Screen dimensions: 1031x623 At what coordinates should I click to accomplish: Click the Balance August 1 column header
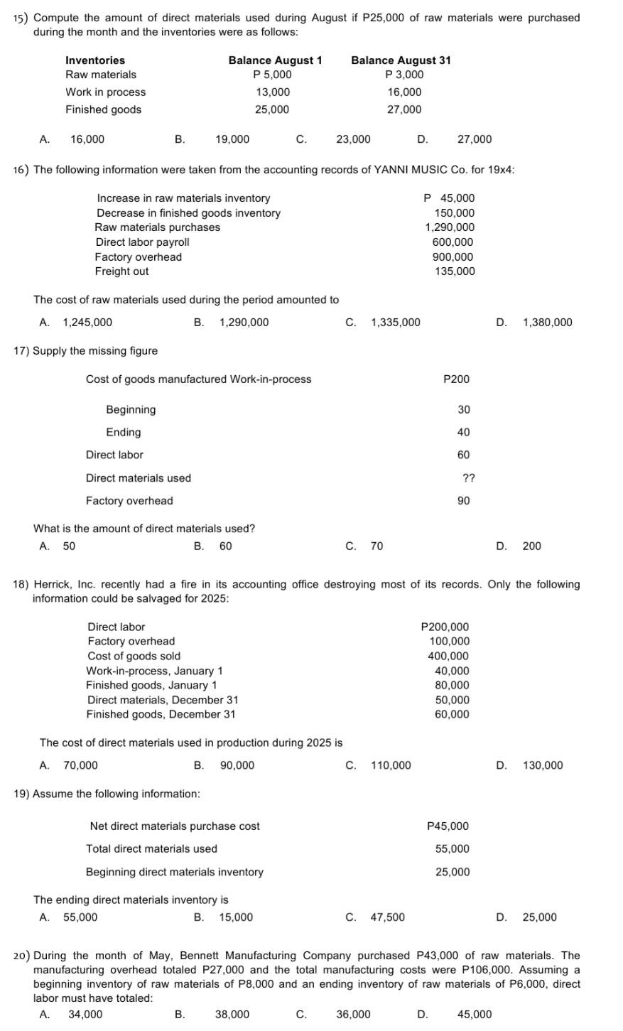click(275, 60)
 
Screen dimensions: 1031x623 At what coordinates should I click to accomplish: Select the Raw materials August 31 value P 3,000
click(403, 75)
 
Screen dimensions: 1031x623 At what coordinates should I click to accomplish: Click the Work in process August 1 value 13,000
click(273, 92)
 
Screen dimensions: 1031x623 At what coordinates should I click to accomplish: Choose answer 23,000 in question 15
click(353, 139)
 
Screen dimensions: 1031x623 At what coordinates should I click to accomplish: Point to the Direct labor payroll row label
click(142, 242)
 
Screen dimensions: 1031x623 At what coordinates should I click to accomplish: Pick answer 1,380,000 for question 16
click(547, 323)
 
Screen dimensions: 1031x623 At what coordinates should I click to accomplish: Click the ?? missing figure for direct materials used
click(469, 478)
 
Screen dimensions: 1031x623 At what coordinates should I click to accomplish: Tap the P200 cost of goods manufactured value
click(456, 379)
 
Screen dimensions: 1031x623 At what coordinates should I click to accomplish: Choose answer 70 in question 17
click(376, 546)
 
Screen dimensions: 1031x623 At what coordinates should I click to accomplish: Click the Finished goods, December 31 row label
click(161, 715)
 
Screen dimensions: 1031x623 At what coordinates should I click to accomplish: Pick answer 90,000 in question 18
click(237, 765)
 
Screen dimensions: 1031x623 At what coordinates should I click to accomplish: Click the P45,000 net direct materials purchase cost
click(448, 826)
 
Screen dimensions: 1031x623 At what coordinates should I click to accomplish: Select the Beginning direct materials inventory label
click(175, 872)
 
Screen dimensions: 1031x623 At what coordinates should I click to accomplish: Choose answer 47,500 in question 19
click(388, 917)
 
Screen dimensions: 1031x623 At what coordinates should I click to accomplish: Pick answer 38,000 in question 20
click(232, 1015)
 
